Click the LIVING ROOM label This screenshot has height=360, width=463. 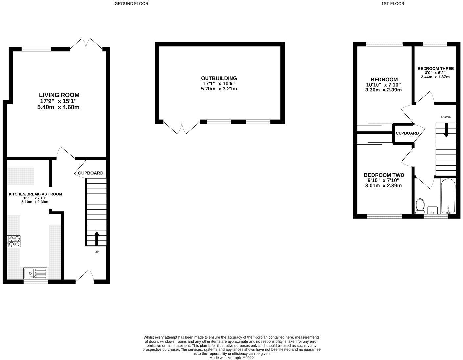coord(59,95)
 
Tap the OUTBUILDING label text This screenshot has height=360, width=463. coord(219,78)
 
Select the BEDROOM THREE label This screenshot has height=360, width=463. coord(435,69)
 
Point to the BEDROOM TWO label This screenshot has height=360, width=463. coord(384,175)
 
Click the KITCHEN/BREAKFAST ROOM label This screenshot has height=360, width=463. coord(35,194)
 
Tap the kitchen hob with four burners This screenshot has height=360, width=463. coord(14,241)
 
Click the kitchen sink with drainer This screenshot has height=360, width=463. coord(36,273)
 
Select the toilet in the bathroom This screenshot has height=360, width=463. coord(420,206)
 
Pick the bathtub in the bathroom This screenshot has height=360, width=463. coord(448,196)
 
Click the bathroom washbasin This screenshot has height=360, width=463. coord(432,210)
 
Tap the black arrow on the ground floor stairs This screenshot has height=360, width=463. coord(97,238)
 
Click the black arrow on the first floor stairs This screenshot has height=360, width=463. coord(446,130)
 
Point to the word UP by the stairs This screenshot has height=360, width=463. coord(97,252)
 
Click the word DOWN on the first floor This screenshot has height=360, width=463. coord(446,117)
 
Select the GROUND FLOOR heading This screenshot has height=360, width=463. coord(132,4)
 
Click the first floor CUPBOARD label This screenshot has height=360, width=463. coord(407,133)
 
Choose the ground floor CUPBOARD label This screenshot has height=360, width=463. coord(90,173)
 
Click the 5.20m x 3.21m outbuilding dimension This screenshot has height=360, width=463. coord(219,89)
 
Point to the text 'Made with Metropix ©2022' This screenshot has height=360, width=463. coord(231,358)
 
